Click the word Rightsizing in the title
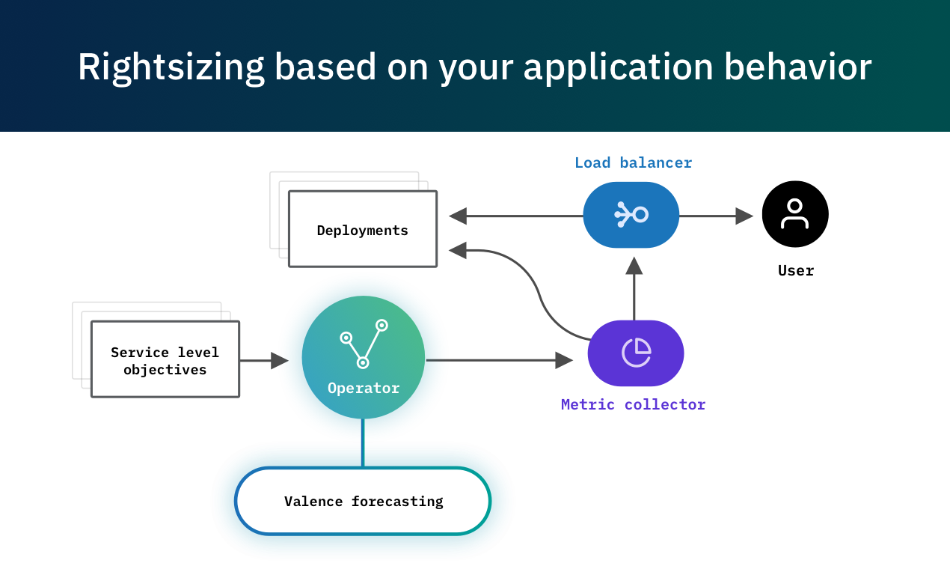coord(171,67)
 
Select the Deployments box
coord(363,229)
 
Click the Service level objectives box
coord(165,359)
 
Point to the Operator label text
coord(364,389)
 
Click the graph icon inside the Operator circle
coord(364,344)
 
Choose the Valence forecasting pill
coord(364,501)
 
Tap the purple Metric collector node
coord(636,353)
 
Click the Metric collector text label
coord(633,405)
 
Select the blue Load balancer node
coord(631,215)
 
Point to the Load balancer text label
coord(633,162)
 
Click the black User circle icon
coord(795,214)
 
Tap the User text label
coord(796,270)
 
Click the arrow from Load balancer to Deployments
coord(516,216)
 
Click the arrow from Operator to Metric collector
coord(498,361)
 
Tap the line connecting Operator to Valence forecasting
coord(363,443)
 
